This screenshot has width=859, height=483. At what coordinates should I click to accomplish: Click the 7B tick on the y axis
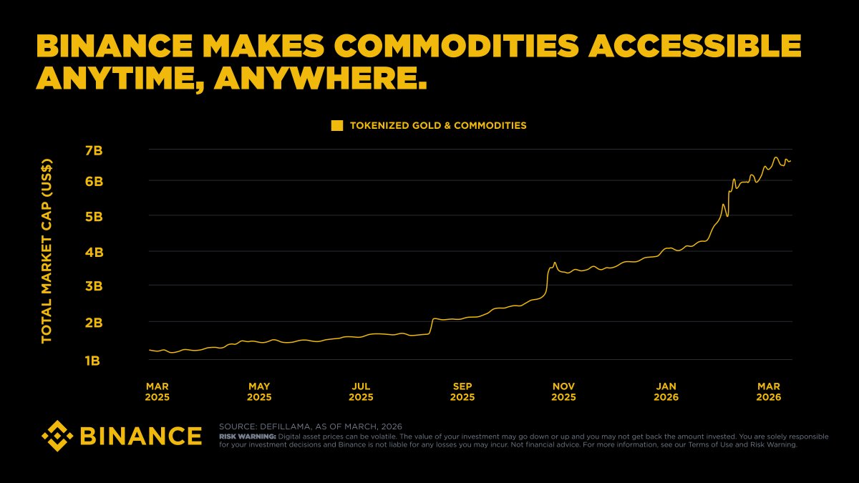[x=94, y=150]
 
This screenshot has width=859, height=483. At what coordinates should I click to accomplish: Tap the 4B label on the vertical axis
[x=94, y=252]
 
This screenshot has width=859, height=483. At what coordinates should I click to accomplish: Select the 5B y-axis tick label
[x=94, y=216]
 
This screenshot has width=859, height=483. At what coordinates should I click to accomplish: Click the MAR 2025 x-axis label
[x=157, y=391]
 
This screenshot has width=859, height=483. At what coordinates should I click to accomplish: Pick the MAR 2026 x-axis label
[x=769, y=391]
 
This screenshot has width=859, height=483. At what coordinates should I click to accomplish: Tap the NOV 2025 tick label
[x=563, y=391]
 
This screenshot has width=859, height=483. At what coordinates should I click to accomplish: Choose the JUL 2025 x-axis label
[x=361, y=391]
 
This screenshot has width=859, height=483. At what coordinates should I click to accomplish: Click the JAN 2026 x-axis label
[x=666, y=391]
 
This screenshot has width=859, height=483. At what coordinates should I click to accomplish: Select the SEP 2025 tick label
[x=462, y=391]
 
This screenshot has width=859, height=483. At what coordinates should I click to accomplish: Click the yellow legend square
[x=337, y=125]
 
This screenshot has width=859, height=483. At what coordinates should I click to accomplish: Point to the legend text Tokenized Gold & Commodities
[x=438, y=125]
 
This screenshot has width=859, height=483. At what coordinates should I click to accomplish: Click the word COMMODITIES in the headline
[x=465, y=47]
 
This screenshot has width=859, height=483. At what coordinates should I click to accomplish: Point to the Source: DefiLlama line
[x=310, y=426]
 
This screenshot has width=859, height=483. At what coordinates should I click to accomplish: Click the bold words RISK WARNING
[x=247, y=436]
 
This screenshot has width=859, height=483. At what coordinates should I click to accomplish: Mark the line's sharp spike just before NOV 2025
[x=555, y=263]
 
